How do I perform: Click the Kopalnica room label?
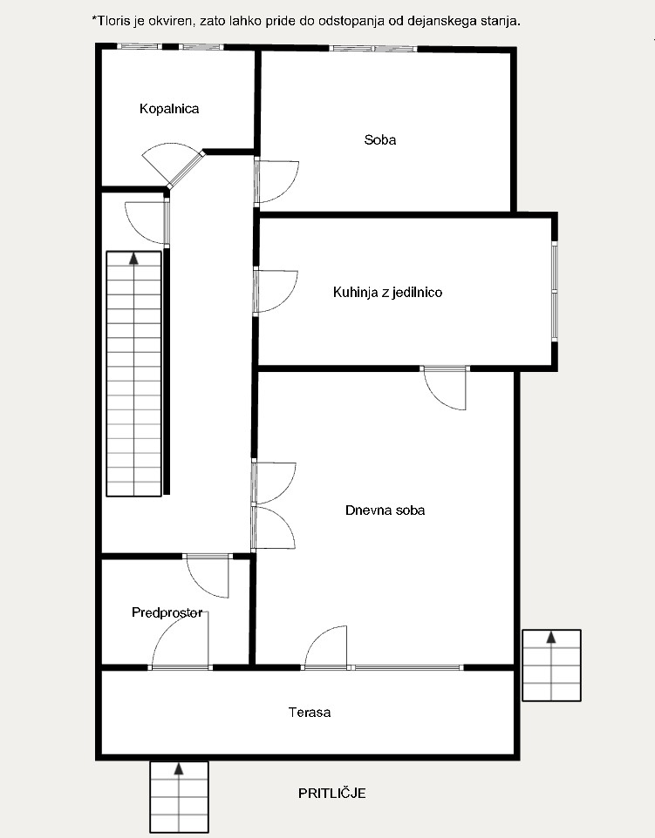[x=169, y=109]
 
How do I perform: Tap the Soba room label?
[x=380, y=140]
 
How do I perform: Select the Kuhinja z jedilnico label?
[x=387, y=293]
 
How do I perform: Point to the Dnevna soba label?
[x=385, y=510]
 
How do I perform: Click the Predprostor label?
[x=167, y=612]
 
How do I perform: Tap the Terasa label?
[x=310, y=713]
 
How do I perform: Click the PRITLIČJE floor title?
[x=331, y=793]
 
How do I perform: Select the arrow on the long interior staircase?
[x=133, y=259]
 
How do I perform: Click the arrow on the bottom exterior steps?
[x=179, y=769]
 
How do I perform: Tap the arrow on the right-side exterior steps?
[x=551, y=637]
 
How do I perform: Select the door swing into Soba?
[x=277, y=182]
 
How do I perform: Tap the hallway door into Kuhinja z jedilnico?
[x=276, y=291]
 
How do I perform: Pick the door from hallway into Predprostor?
[x=208, y=577]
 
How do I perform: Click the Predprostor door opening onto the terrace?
[x=181, y=639]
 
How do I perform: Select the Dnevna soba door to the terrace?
[x=325, y=648]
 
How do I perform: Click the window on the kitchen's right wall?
[x=555, y=291]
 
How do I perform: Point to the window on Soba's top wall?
[x=373, y=49]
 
